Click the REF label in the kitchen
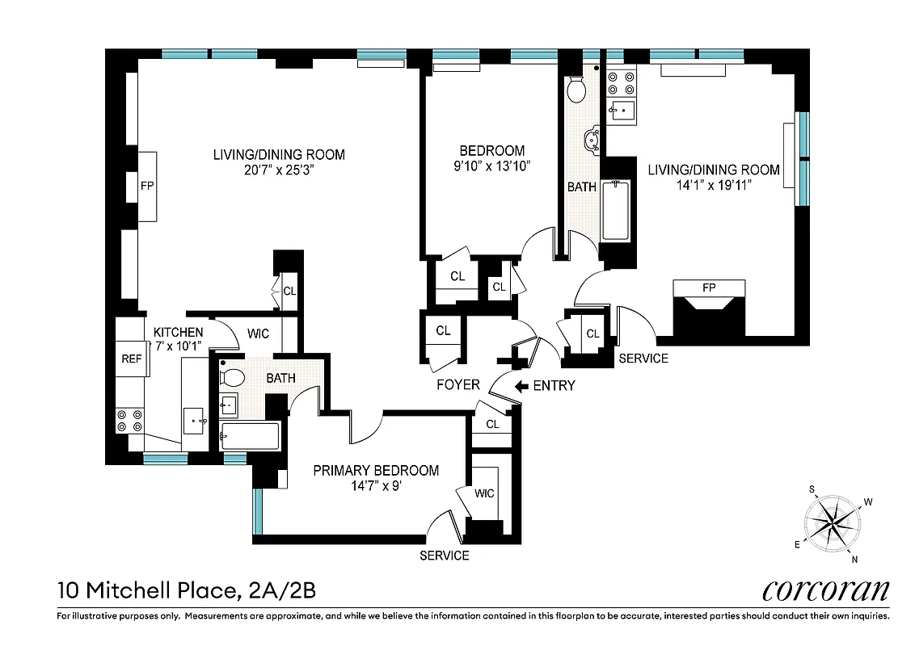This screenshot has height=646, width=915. (132, 359)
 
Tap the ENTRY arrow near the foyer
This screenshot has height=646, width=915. (524, 385)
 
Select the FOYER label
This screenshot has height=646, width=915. (457, 385)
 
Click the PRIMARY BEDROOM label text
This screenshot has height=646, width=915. (376, 470)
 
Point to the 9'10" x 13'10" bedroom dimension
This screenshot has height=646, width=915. (491, 166)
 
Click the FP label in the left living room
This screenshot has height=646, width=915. (147, 186)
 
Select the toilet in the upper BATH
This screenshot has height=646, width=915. (577, 90)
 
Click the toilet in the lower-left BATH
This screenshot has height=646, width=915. (234, 377)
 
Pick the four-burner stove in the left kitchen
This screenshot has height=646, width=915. (129, 420)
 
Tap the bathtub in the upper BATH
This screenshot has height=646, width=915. (616, 211)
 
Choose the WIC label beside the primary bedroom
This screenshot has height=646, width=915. (484, 493)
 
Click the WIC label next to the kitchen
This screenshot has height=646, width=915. (259, 333)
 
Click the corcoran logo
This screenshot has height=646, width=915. (825, 590)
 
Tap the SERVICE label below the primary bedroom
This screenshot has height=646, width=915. (444, 556)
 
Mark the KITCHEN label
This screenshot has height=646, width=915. (178, 332)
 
